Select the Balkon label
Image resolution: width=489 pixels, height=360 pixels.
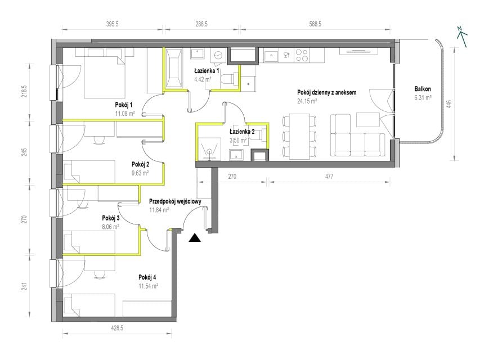(423, 89)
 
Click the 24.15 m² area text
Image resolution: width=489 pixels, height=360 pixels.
(307, 101)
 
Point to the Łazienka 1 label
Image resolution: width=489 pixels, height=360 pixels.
(207, 71)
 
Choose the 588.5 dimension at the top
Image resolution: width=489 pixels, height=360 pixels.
(315, 24)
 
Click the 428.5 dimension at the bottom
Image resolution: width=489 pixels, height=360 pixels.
(117, 328)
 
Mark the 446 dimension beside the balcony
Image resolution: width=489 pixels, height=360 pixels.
(449, 104)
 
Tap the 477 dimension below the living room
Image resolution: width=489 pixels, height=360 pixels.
(329, 177)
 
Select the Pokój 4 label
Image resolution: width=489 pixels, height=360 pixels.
(147, 277)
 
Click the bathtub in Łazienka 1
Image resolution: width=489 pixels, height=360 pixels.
(174, 69)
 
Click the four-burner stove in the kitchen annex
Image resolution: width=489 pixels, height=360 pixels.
(302, 56)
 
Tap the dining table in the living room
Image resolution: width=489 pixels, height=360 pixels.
(299, 136)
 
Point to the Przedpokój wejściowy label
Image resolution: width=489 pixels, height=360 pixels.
(175, 201)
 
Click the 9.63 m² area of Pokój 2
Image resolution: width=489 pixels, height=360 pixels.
(140, 173)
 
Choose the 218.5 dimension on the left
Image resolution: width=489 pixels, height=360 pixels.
(25, 91)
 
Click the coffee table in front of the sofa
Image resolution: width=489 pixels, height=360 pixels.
(368, 120)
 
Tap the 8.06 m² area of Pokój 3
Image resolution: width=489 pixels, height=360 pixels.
(110, 227)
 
